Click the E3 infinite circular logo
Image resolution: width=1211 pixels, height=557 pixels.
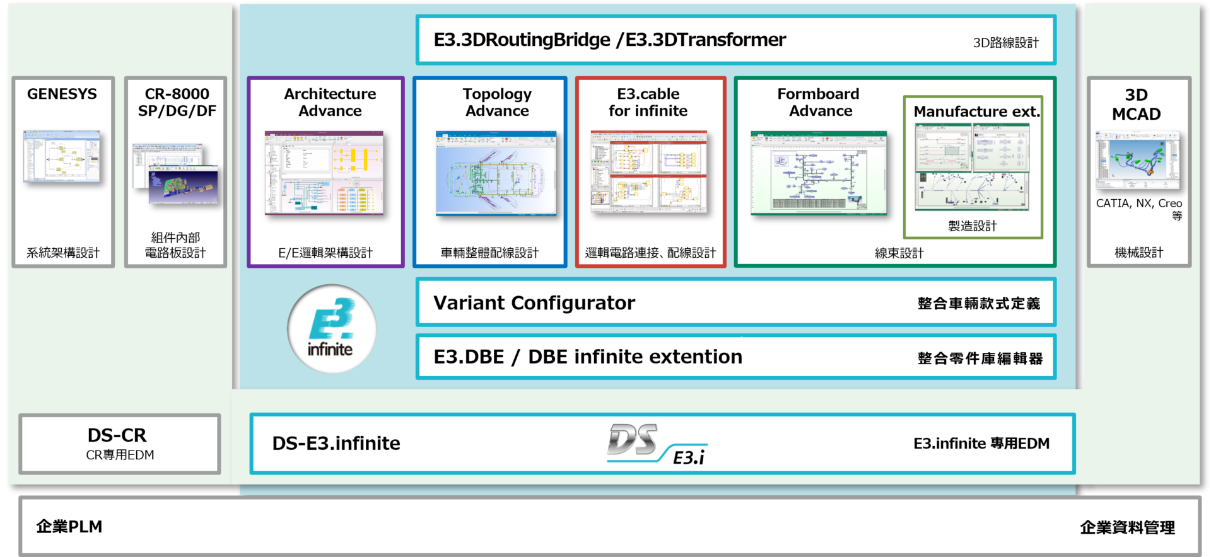(331, 329)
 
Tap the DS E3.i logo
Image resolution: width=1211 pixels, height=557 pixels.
(657, 444)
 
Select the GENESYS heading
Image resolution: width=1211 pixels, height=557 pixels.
(62, 94)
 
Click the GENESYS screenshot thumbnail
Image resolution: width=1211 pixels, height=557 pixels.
(62, 158)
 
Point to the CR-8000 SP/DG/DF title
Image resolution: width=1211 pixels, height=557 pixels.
(177, 102)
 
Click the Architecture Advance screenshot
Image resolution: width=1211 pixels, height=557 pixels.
(324, 173)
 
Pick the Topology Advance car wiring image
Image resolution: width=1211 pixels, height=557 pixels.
(496, 173)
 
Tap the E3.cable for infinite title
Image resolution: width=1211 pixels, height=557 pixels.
(648, 102)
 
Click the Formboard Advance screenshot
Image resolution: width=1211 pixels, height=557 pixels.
(818, 173)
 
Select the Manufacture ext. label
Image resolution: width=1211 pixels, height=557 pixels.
(976, 112)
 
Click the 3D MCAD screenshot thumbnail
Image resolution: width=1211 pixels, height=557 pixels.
(1138, 160)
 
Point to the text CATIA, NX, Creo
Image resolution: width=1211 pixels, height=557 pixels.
(1138, 204)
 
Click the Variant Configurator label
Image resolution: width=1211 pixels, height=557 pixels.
(534, 303)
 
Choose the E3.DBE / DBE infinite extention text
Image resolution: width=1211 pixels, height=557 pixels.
(588, 357)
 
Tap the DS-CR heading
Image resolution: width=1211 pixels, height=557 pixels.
(117, 435)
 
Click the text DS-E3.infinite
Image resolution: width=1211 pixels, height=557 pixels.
(336, 444)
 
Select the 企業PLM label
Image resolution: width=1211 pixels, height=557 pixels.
(69, 527)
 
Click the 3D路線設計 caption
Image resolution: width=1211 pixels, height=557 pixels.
(1005, 43)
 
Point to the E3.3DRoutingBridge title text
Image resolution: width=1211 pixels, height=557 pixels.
(522, 40)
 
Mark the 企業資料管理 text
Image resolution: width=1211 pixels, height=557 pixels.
(1127, 527)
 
